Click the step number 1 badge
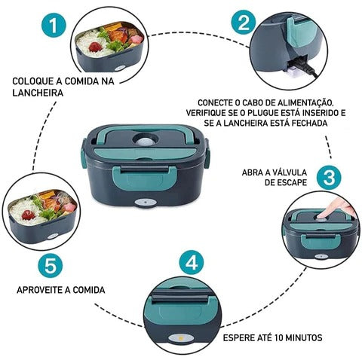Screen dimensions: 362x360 click(53, 26)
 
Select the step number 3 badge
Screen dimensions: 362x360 click(329, 178)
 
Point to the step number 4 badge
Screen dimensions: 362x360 click(192, 262)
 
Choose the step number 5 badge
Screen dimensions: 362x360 click(51, 265)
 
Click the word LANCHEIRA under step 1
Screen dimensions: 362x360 click(38, 93)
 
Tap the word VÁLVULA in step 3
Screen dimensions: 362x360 click(288, 172)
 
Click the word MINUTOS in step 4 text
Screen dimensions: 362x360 click(305, 337)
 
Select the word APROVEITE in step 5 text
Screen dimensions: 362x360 click(40, 290)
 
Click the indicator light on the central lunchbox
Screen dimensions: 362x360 click(145, 203)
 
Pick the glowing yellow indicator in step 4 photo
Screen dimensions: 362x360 click(180, 338)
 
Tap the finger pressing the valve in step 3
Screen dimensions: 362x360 click(334, 208)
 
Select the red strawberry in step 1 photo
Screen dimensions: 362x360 click(95, 47)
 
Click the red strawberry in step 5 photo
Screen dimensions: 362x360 click(28, 215)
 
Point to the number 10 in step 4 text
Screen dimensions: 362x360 click(281, 337)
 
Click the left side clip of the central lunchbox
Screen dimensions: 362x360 click(84, 155)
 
